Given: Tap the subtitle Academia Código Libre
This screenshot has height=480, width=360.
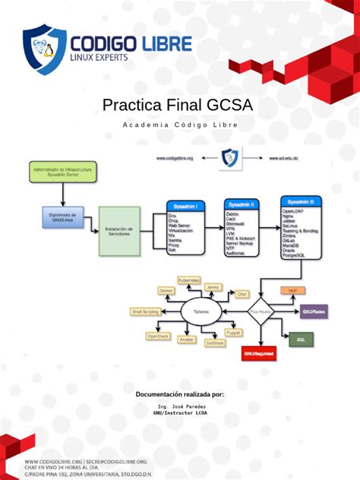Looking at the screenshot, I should click(x=179, y=125).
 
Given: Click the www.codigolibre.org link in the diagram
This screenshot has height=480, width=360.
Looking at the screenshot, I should click(x=175, y=159).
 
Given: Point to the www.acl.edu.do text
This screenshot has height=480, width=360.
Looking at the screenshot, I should click(x=283, y=159).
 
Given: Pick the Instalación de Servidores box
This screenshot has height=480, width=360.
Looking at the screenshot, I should click(x=120, y=231).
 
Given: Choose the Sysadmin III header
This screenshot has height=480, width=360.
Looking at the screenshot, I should click(x=302, y=201).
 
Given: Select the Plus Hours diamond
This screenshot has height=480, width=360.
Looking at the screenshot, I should click(x=260, y=311).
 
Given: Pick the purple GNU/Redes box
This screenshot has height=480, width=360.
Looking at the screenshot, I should click(x=313, y=311).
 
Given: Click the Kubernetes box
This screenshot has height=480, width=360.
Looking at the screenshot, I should click(x=189, y=280).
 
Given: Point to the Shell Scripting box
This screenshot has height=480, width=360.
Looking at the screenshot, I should click(x=146, y=311).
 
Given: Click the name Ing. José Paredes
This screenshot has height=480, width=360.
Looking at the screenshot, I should click(x=179, y=407).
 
